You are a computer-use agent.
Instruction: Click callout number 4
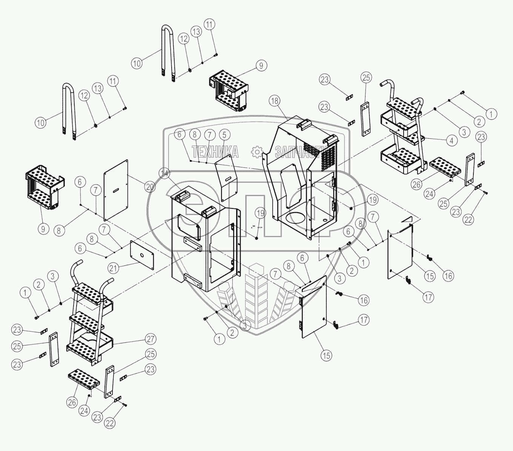[x=452, y=141]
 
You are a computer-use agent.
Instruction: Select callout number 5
[x=224, y=135]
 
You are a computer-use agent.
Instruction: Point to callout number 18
[x=275, y=101]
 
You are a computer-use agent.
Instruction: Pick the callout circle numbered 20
[x=150, y=187]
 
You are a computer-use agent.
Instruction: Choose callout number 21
[x=114, y=268]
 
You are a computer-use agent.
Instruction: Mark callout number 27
[x=151, y=339]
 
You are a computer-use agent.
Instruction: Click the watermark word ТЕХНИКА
[x=215, y=152]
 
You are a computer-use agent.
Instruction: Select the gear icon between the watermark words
[x=257, y=152]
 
